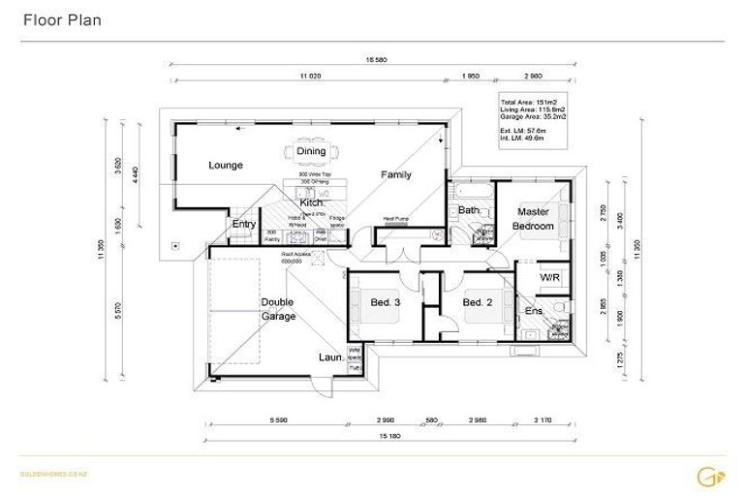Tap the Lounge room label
(225, 166)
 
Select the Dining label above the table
(311, 151)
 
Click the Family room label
(395, 175)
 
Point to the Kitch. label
(311, 203)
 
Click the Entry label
(244, 225)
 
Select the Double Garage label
(277, 309)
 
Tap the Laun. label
(330, 356)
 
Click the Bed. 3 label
(386, 303)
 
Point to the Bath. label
(470, 210)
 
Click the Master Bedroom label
(535, 219)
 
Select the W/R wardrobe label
(549, 278)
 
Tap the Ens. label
(534, 311)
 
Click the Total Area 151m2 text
(526, 101)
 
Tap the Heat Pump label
(396, 219)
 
